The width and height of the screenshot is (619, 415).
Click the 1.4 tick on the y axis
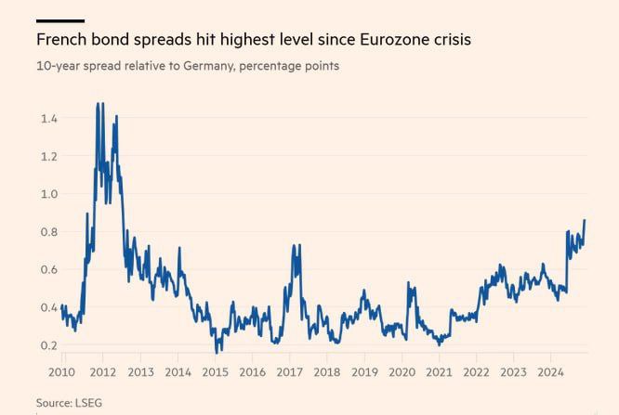point(49,118)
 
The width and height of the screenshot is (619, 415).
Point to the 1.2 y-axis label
point(49,156)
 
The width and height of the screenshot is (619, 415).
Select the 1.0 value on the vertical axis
point(49,194)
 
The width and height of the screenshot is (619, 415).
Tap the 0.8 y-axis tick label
point(49,232)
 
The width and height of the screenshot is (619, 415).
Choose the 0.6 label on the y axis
point(49,269)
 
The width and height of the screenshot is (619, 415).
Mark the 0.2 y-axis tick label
point(49,345)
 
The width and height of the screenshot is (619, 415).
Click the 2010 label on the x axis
point(61,371)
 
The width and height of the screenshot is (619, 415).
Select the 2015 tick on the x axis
point(215,371)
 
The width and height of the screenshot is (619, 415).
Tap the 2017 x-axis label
point(289,371)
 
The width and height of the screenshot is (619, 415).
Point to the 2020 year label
point(402,371)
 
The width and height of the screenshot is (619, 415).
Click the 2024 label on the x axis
point(550,371)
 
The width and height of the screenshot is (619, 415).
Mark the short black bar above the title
point(60,19)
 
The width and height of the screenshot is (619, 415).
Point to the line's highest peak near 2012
point(99,104)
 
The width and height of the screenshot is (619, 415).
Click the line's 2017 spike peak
point(295,245)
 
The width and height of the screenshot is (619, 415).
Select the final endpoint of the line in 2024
point(585,220)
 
